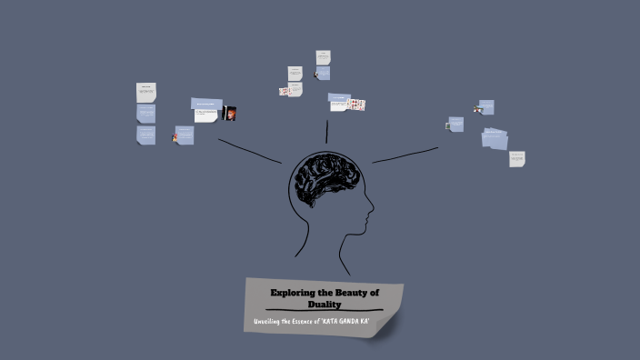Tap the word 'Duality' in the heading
coord(324,304)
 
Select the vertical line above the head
coord(326,132)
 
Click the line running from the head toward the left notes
coord(250,151)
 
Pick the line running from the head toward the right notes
coord(405,155)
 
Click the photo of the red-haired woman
coord(230,114)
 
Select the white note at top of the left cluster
coord(146,92)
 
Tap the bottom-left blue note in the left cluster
coord(146,135)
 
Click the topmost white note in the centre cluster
coord(323,57)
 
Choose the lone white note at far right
coord(517,159)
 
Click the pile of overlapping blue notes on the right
coord(495,138)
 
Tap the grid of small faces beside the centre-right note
coord(357,105)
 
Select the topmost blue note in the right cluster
coord(486,107)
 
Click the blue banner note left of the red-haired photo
coord(206,103)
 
